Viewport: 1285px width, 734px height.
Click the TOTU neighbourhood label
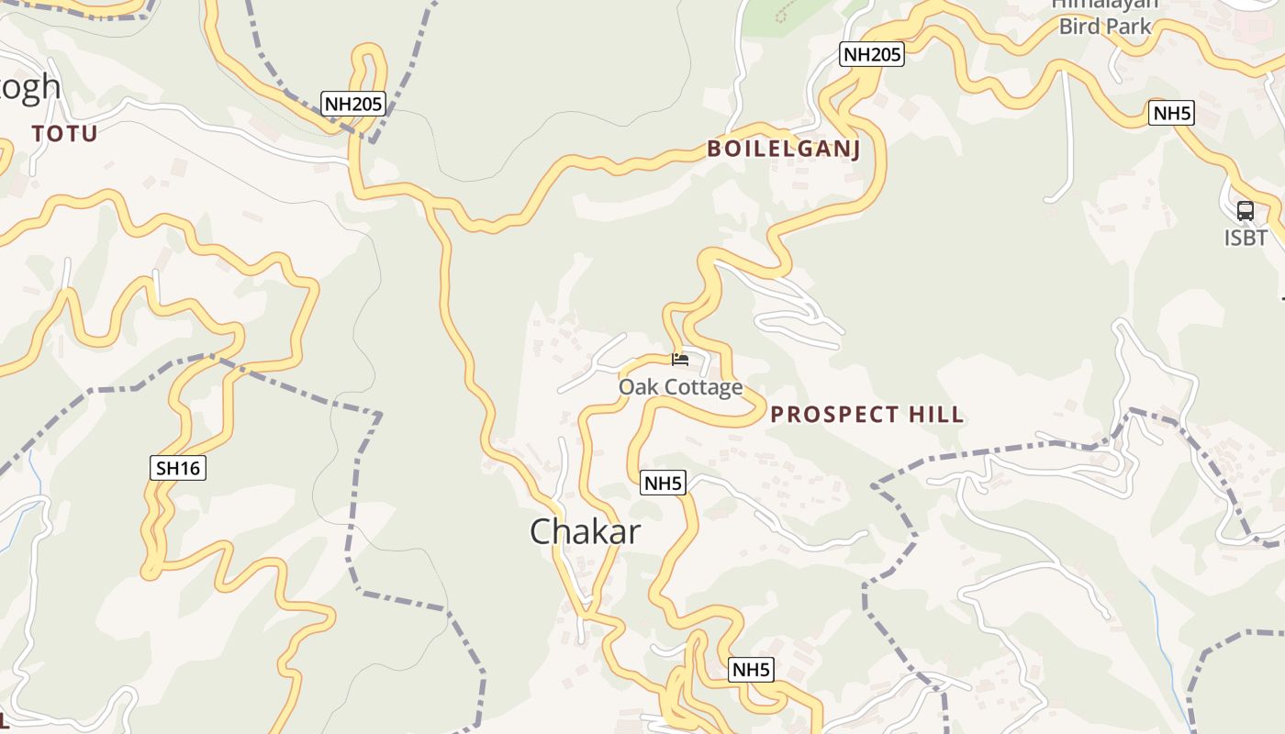[64, 134]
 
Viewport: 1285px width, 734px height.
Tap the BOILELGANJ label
[784, 150]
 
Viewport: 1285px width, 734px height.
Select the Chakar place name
[585, 532]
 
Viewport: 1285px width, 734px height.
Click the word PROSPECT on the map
[829, 415]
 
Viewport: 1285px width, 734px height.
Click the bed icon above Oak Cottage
[680, 359]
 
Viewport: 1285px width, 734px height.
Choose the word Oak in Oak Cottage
[636, 387]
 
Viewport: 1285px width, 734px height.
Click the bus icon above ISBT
[1245, 210]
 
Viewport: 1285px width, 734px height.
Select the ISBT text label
[1246, 239]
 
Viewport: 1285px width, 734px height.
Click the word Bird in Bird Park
[1079, 26]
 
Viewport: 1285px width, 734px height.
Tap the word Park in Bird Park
[1129, 26]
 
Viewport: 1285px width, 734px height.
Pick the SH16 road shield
[178, 468]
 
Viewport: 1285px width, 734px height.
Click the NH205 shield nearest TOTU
[352, 104]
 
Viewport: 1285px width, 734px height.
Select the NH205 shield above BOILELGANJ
[872, 54]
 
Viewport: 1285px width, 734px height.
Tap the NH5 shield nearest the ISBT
[1172, 114]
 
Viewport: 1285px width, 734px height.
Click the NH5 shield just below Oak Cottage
[664, 483]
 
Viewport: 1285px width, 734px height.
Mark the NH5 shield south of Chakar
[751, 670]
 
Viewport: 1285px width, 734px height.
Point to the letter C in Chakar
[542, 532]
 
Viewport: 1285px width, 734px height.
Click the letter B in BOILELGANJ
[713, 150]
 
